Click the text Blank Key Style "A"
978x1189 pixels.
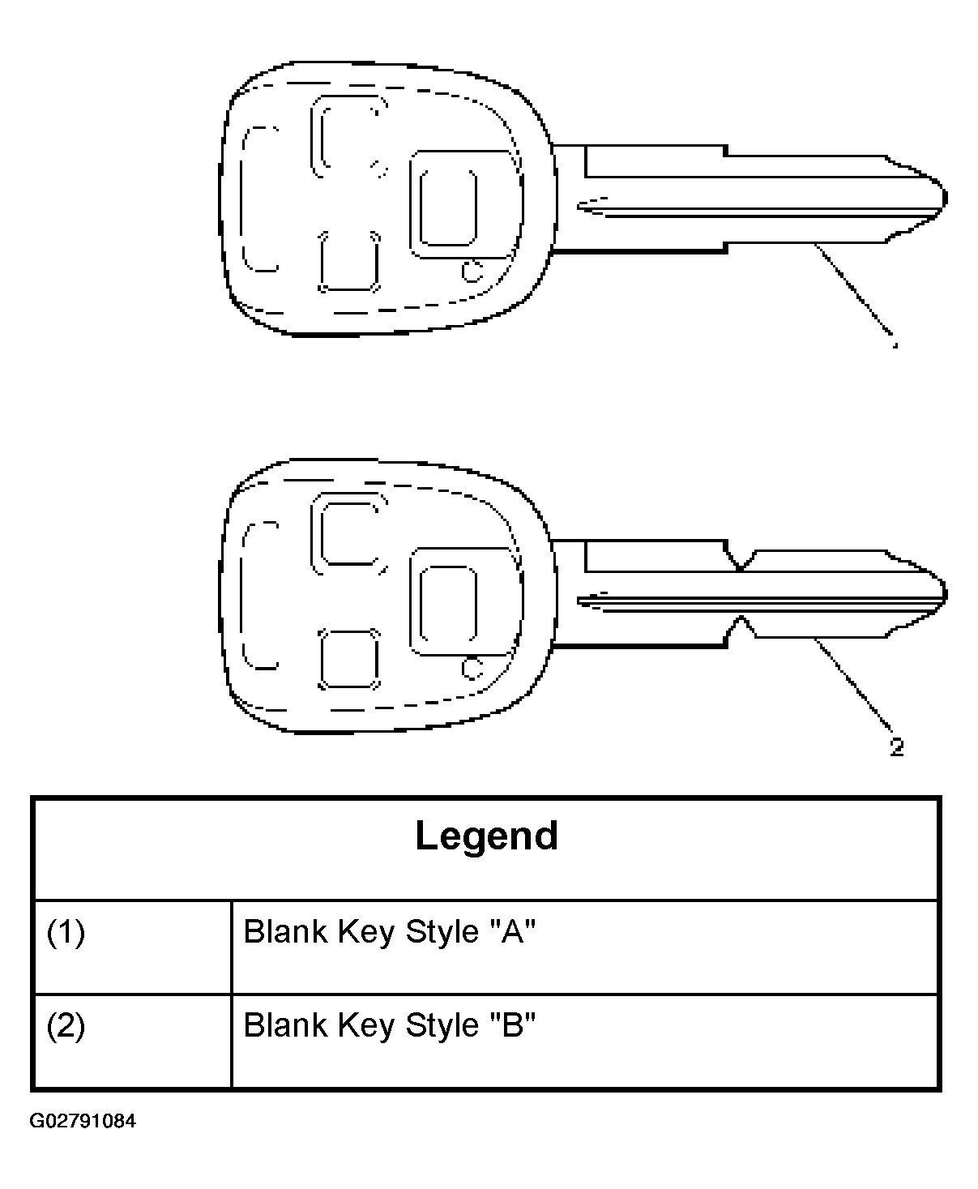point(389,931)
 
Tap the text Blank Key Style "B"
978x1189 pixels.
point(389,1024)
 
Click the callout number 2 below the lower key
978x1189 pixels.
point(897,747)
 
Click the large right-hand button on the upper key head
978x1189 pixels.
point(448,207)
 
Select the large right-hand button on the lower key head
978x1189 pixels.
point(448,602)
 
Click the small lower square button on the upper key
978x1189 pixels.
point(349,262)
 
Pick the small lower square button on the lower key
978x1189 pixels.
point(349,659)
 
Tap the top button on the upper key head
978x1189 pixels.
point(348,136)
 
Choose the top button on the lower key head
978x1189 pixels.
point(348,533)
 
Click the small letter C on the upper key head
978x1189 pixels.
point(472,272)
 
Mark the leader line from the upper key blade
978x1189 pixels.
point(853,293)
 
